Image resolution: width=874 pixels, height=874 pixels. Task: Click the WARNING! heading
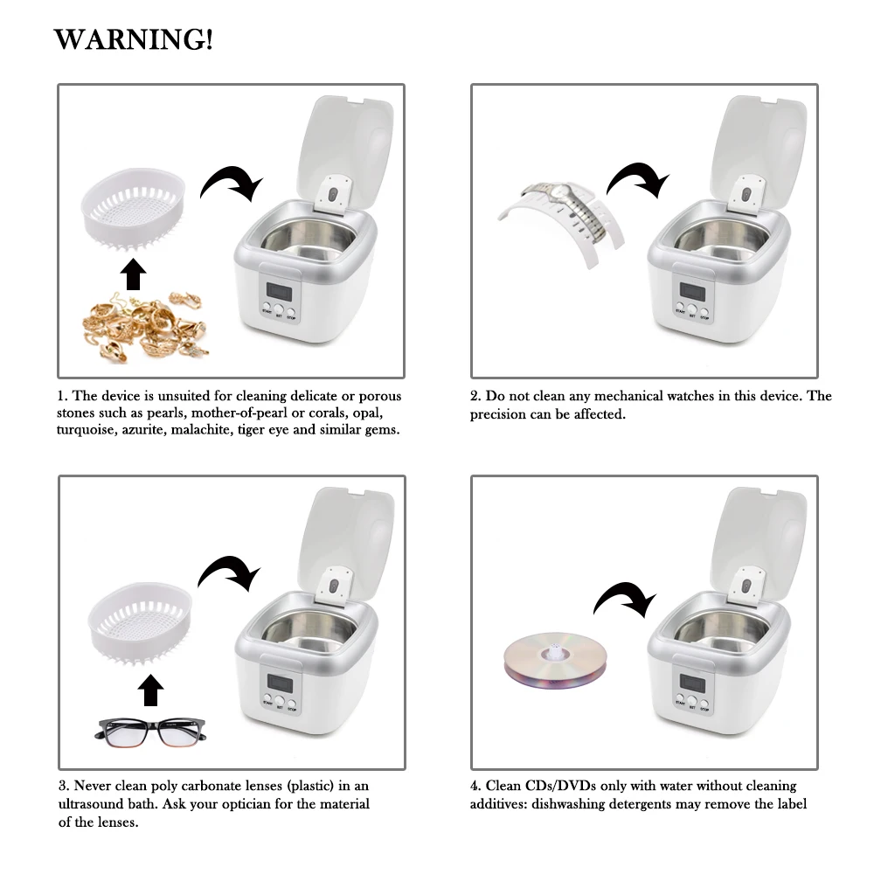point(133,40)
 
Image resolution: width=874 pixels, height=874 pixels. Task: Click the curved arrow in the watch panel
point(638,178)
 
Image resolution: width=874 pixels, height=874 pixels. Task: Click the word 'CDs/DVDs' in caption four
point(548,787)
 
